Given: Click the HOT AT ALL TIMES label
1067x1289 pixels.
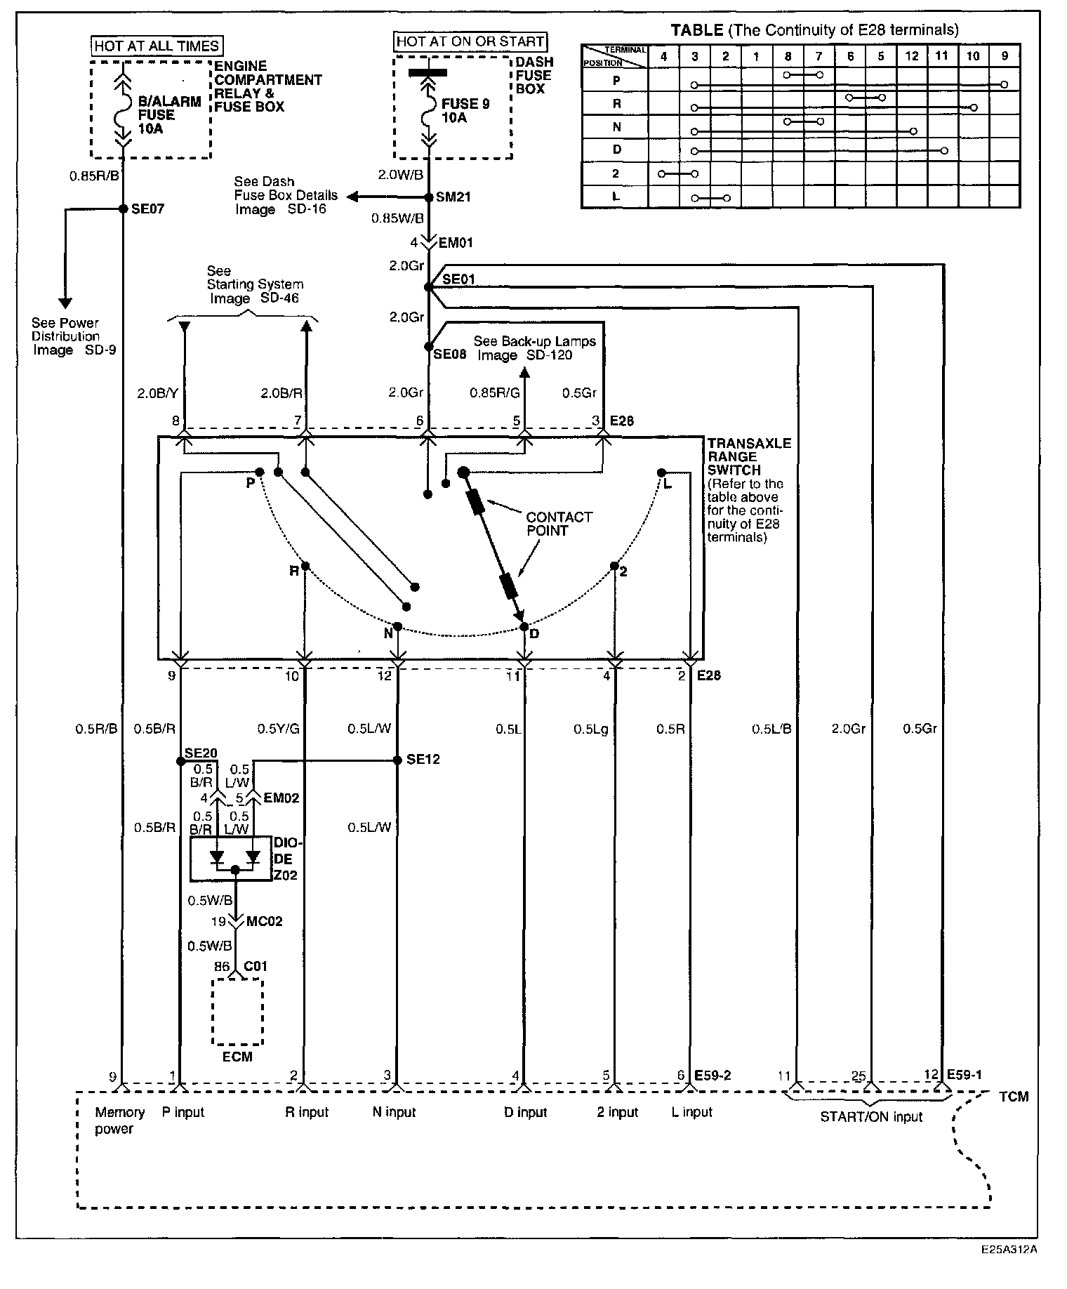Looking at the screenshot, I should pyautogui.click(x=157, y=46).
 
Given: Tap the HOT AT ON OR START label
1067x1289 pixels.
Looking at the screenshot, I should pyautogui.click(x=470, y=41).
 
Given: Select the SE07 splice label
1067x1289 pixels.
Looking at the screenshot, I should pyautogui.click(x=147, y=209).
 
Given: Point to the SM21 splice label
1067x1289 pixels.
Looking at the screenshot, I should pyautogui.click(x=453, y=197).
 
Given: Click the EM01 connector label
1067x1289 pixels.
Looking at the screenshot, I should pyautogui.click(x=456, y=243).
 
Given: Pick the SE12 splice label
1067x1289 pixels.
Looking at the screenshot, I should pyautogui.click(x=423, y=760).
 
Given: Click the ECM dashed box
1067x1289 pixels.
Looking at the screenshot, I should pyautogui.click(x=237, y=1012).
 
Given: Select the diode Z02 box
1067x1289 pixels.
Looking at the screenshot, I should pyautogui.click(x=232, y=858).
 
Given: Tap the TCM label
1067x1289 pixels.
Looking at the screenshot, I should pyautogui.click(x=1014, y=1097).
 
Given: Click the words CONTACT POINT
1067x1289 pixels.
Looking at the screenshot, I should pyautogui.click(x=559, y=524).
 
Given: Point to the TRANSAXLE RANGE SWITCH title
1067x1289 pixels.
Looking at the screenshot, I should pyautogui.click(x=748, y=456).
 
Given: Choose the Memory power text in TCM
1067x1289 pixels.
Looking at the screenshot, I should pyautogui.click(x=119, y=1121).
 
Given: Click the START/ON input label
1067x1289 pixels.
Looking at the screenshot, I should pyautogui.click(x=870, y=1117).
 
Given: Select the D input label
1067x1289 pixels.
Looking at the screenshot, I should pyautogui.click(x=525, y=1112).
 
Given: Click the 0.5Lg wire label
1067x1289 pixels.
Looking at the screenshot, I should pyautogui.click(x=590, y=729).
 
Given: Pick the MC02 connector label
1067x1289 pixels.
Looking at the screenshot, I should pyautogui.click(x=264, y=921).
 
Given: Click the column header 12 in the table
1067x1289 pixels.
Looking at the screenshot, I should pyautogui.click(x=911, y=56).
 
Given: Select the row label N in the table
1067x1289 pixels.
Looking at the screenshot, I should pyautogui.click(x=616, y=127).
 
